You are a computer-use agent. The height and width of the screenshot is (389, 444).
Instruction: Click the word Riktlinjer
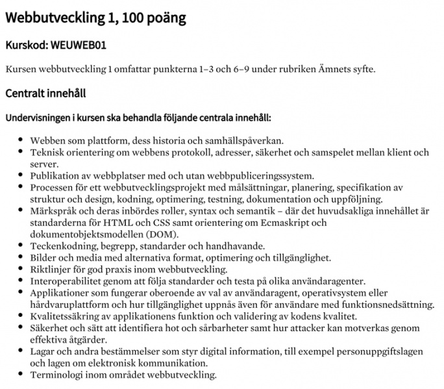coord(51,270)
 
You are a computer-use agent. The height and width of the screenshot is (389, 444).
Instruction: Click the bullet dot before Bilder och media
coord(21,258)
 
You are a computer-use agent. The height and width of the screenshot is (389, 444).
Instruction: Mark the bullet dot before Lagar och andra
coord(21,351)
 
